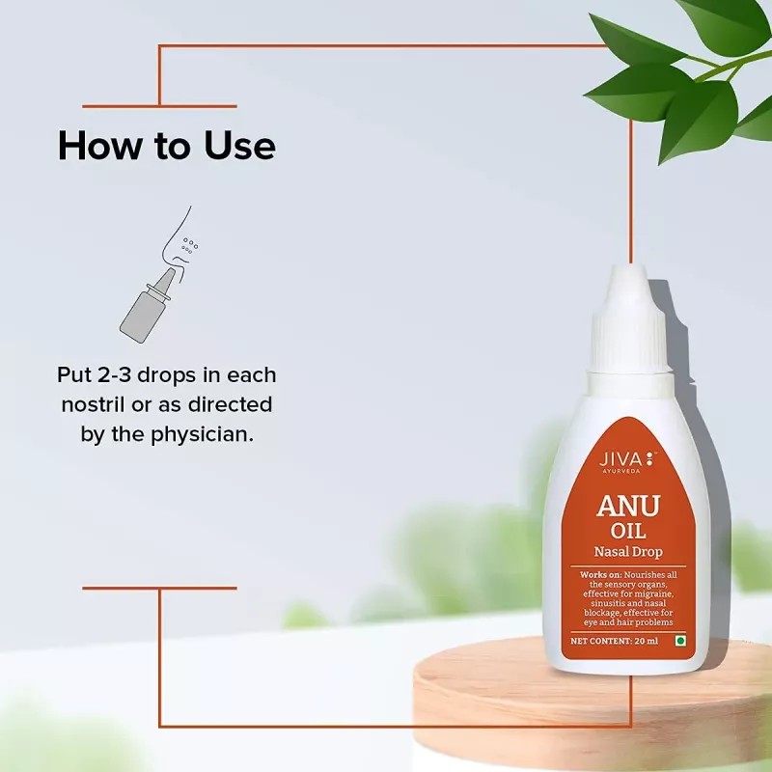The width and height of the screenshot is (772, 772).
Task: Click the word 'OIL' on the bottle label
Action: tap(628, 533)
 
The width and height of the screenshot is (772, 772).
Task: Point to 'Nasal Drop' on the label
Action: tap(628, 553)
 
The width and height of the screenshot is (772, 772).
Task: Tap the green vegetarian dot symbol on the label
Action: tap(679, 640)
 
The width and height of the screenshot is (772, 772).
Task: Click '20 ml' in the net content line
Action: tap(648, 640)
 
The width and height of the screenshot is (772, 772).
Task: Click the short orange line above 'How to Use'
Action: tap(159, 106)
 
